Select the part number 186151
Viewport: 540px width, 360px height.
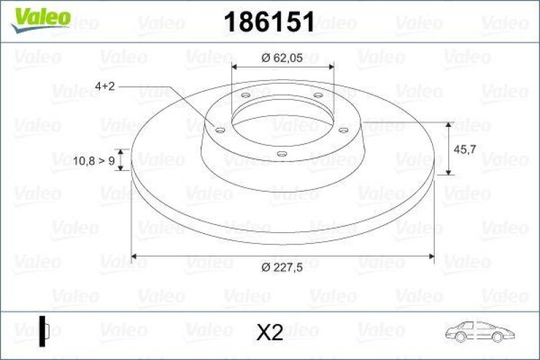coord(269,22)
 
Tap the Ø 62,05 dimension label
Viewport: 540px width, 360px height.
coord(283,58)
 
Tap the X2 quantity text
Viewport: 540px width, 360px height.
coord(269,332)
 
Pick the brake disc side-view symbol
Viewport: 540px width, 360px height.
coord(45,331)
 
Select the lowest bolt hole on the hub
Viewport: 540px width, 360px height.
coord(282,155)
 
